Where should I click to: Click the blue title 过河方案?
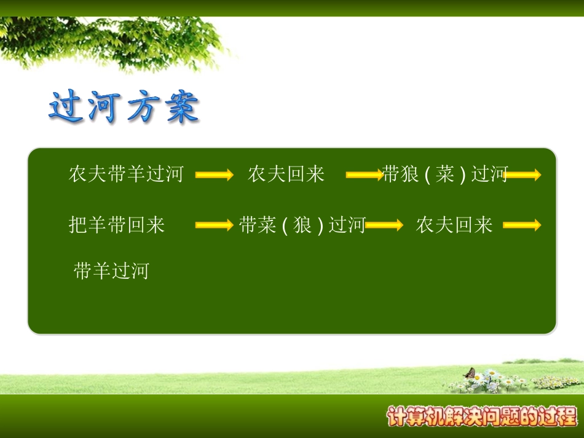point(124,107)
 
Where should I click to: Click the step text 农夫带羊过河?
point(126,174)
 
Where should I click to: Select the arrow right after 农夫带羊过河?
point(215,174)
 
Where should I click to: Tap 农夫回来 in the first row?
point(286,174)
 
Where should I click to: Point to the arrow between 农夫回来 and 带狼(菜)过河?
point(365,174)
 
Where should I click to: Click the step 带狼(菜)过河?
point(445,174)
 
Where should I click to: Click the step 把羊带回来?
point(117,225)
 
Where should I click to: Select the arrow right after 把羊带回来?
point(215,225)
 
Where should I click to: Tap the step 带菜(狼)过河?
point(302,225)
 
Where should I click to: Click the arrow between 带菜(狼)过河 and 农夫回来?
point(384,225)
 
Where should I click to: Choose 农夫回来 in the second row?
point(454,225)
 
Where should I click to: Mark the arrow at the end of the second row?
point(522,225)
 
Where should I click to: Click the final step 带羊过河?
point(111,270)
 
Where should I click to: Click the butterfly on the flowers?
point(470,372)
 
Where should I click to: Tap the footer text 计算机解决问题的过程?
point(482,416)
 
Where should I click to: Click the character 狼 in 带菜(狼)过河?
point(302,225)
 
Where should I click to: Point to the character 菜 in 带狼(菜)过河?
point(444,174)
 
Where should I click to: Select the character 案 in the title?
point(182,107)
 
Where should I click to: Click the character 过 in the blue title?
point(66,106)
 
